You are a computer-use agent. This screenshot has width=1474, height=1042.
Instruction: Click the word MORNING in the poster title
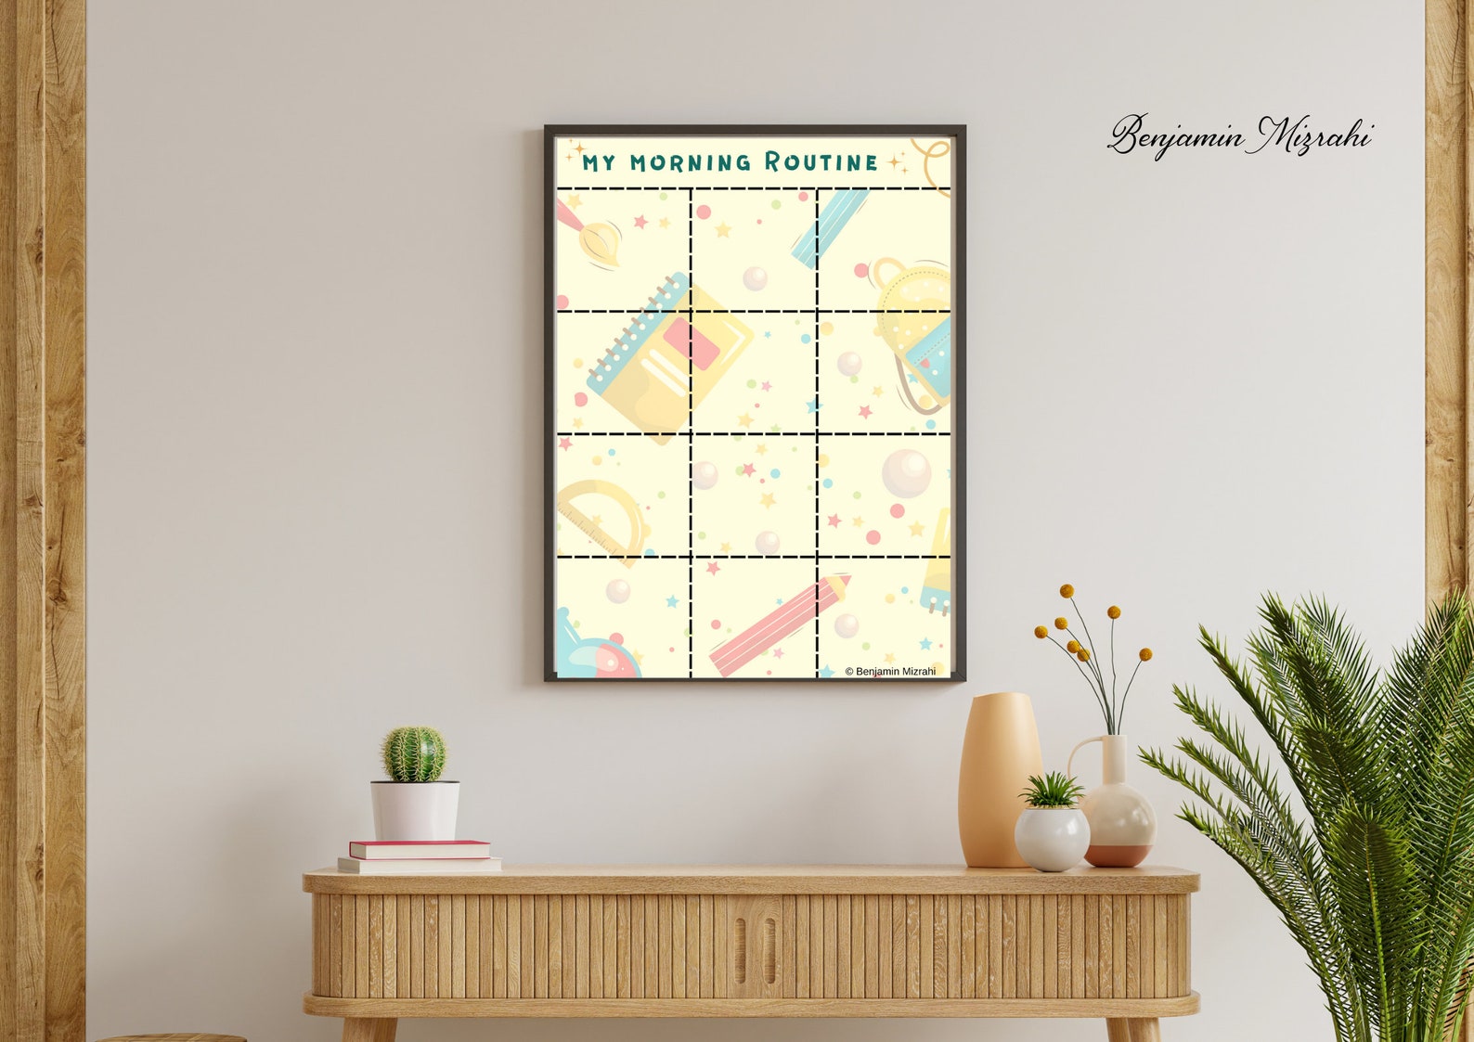point(691,162)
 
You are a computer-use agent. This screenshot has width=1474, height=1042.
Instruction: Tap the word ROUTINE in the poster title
point(821,162)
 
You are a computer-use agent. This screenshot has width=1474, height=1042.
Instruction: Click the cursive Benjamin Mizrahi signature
point(1240,136)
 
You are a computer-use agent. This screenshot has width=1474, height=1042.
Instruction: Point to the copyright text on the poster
point(890,671)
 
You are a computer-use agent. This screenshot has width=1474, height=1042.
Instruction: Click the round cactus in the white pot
point(414,753)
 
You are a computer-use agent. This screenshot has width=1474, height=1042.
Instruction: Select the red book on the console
point(420,849)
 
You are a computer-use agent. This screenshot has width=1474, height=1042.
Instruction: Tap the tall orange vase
point(997,779)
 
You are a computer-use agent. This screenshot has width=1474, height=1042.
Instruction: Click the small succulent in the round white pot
point(1051,791)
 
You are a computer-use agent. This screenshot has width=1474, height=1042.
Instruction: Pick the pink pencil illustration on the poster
point(778,624)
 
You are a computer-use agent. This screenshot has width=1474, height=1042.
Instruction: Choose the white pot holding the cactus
point(415,810)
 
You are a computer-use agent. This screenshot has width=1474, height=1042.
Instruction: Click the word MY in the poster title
point(599,163)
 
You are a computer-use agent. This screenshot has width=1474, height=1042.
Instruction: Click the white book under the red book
point(420,866)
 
